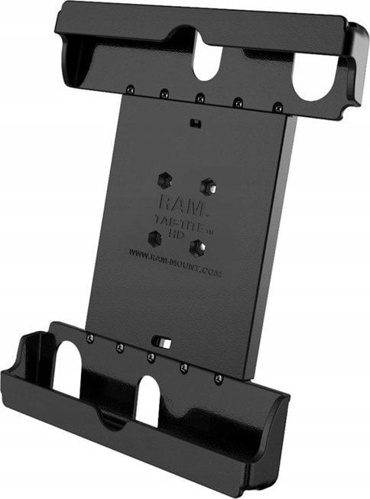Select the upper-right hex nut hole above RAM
pyautogui.click(x=206, y=186)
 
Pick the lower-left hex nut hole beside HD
pyautogui.click(x=155, y=238)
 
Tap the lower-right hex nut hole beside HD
pyautogui.click(x=198, y=247)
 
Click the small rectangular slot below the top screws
pyautogui.click(x=196, y=122)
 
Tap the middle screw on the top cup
pyautogui.click(x=200, y=98)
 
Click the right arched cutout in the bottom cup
pyautogui.click(x=148, y=399)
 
